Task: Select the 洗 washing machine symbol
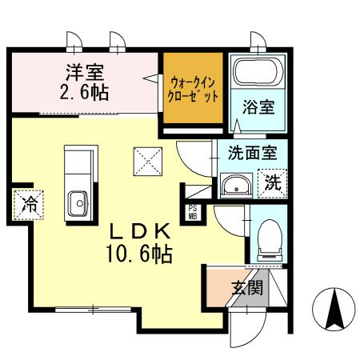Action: coord(273,182)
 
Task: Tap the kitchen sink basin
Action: coord(78,203)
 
